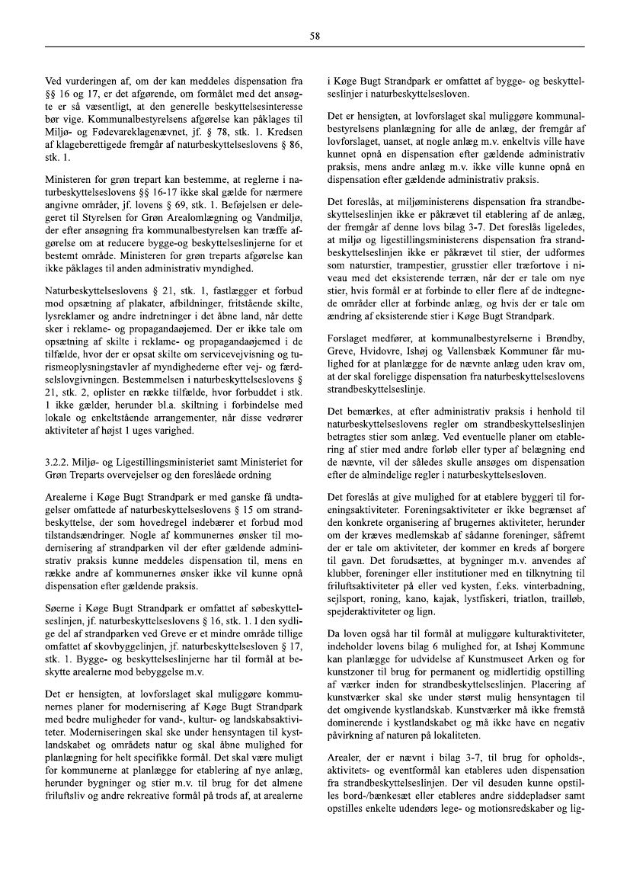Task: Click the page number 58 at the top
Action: pyautogui.click(x=315, y=35)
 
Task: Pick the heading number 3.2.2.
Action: pyautogui.click(x=59, y=463)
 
